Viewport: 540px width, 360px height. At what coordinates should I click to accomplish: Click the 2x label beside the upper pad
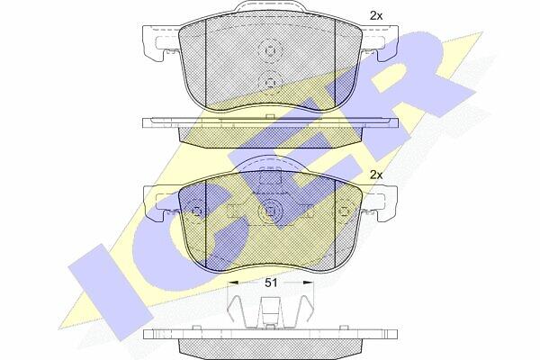(x=376, y=16)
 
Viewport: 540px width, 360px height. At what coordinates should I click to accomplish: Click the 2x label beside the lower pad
(x=376, y=175)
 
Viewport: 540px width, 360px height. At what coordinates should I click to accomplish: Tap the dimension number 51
(x=271, y=283)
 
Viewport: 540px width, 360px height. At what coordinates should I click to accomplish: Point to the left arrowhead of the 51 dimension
(x=233, y=282)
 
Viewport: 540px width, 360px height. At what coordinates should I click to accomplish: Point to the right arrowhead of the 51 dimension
(x=308, y=282)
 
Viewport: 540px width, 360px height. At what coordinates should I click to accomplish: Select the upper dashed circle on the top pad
(x=270, y=50)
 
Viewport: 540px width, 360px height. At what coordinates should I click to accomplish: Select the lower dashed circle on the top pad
(x=270, y=83)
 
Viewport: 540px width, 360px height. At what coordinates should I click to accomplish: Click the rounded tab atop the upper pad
(x=270, y=7)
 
